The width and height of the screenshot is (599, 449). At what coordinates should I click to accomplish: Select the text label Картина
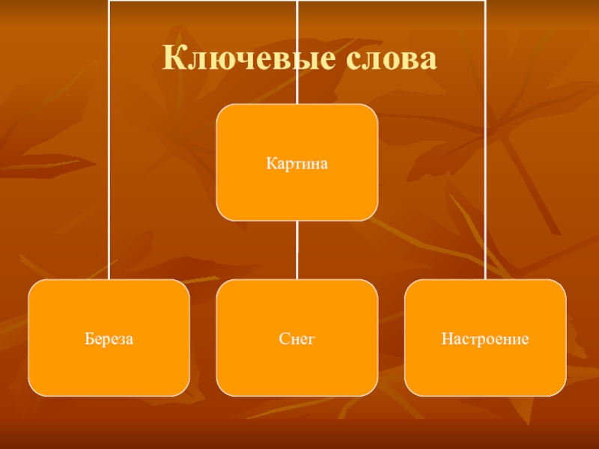[297, 162]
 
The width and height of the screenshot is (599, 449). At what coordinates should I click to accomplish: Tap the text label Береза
[109, 339]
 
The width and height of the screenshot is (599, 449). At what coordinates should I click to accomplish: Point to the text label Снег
[297, 339]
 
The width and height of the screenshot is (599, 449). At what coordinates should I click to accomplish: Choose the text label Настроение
[485, 339]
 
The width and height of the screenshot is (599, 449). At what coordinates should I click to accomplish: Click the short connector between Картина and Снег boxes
[297, 250]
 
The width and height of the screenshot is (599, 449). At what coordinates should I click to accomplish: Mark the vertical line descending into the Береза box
[109, 150]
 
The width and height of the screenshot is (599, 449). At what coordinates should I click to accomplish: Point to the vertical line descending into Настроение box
[485, 150]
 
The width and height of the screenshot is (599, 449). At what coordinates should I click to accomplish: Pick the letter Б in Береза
[88, 339]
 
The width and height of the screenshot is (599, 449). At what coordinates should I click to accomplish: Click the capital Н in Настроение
[445, 339]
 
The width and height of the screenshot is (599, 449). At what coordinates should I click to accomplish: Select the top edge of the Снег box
[297, 280]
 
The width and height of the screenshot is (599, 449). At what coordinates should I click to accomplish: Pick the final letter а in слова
[427, 60]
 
